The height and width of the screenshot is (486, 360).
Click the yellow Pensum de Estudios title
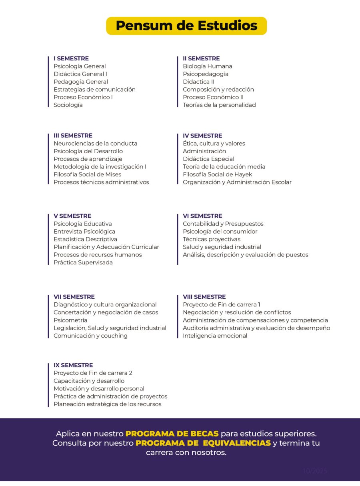pos(186,26)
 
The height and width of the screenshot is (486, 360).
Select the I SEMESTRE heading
pos(71,58)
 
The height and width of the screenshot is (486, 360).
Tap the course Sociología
pos(68,105)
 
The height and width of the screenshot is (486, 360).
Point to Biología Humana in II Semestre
pos(207,66)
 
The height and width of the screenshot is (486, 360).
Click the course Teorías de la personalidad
pos(219,105)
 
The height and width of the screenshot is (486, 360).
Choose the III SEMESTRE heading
pos(73,136)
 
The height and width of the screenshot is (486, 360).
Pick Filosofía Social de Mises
pos(87,174)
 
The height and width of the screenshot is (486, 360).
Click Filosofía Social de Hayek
pos(217,174)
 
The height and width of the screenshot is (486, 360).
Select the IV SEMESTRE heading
pos(202,136)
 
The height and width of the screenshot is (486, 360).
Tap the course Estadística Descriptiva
pos(85,239)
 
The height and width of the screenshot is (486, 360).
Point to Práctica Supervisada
pos(83,262)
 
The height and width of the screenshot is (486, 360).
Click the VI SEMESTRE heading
pos(202,216)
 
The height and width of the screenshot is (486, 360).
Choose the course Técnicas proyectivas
pos(212,239)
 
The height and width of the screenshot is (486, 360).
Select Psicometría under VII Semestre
pos(70,320)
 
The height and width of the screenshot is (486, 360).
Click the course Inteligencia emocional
pos(215,336)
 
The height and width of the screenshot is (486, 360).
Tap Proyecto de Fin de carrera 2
pos(93,373)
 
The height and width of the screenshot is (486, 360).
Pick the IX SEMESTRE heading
pos(73,365)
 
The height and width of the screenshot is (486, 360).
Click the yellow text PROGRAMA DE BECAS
pos(172,434)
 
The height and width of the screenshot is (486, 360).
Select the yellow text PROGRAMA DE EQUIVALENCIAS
pos(203,443)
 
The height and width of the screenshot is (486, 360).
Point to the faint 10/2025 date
pos(315,471)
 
